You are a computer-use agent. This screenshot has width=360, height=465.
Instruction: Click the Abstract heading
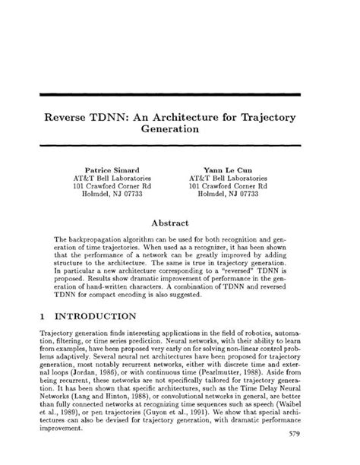[x=179, y=224]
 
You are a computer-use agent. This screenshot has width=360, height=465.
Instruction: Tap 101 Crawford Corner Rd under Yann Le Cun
[x=228, y=185]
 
